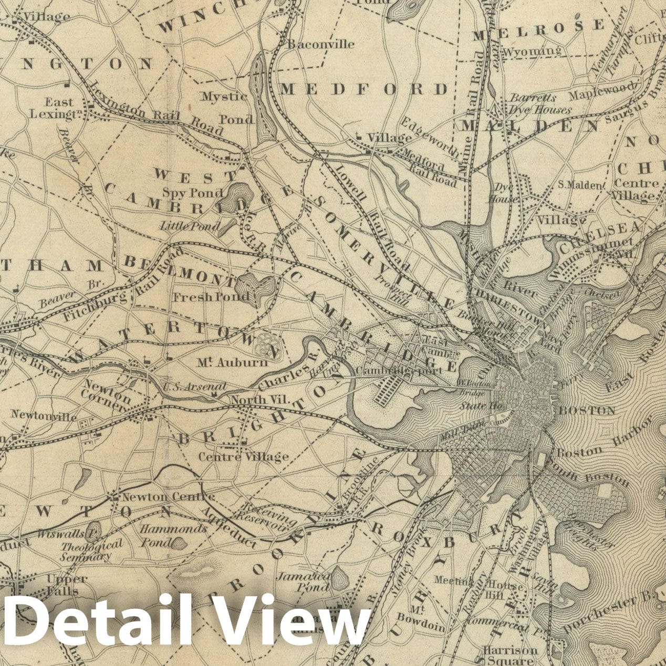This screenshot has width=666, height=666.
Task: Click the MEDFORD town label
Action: pos(364,89)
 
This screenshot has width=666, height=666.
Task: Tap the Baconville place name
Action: pos(320,44)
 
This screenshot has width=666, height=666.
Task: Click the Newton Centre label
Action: pos(168,496)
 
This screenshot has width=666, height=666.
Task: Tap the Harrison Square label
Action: pos(510,655)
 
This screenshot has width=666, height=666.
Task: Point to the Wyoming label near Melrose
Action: pos(532,51)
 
